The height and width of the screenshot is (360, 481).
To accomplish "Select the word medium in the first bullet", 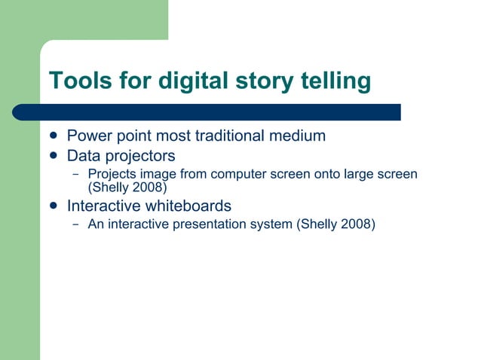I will (x=300, y=136).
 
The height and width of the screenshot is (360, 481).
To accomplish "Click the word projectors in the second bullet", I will (x=139, y=156).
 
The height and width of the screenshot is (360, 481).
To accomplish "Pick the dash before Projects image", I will (x=75, y=175).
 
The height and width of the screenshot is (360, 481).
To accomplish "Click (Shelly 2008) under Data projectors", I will (x=127, y=186).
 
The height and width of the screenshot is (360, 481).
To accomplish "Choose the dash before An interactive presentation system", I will (x=75, y=224).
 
